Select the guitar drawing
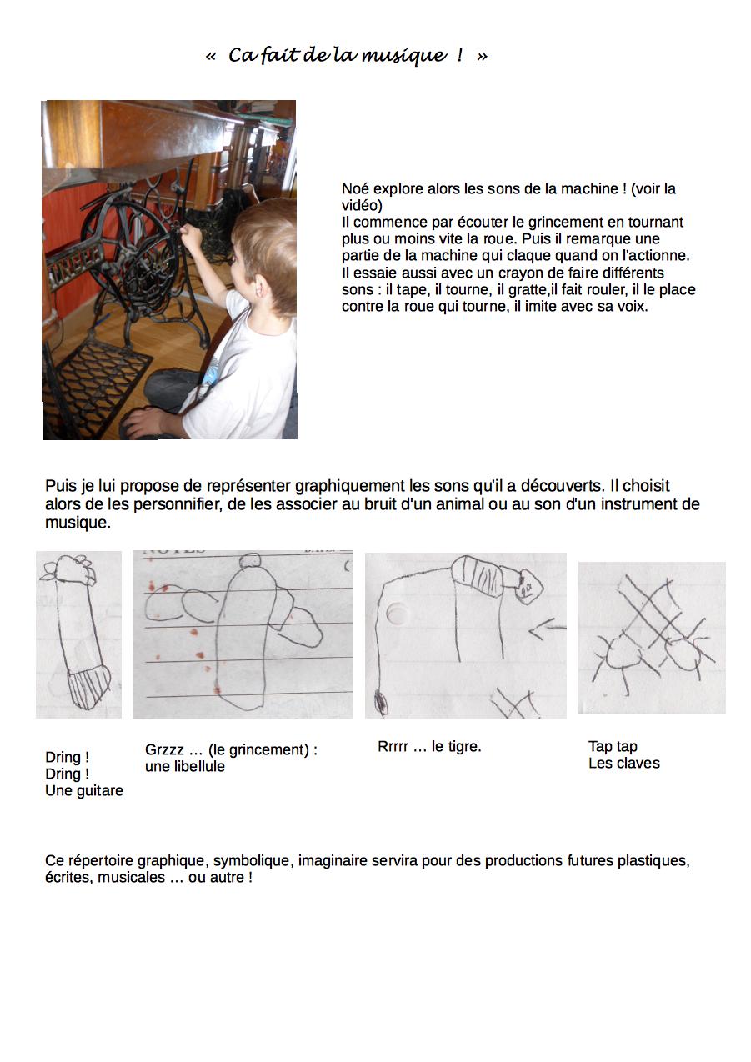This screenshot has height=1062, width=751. click(x=79, y=634)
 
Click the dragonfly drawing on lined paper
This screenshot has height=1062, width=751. click(x=242, y=634)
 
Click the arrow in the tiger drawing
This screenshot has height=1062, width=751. click(x=546, y=629)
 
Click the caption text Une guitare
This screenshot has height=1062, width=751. click(x=84, y=791)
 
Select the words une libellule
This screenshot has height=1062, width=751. click(x=185, y=767)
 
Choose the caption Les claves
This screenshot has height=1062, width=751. click(x=623, y=764)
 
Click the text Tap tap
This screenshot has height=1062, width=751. click(x=613, y=747)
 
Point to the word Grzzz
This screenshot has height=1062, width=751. click(x=163, y=750)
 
